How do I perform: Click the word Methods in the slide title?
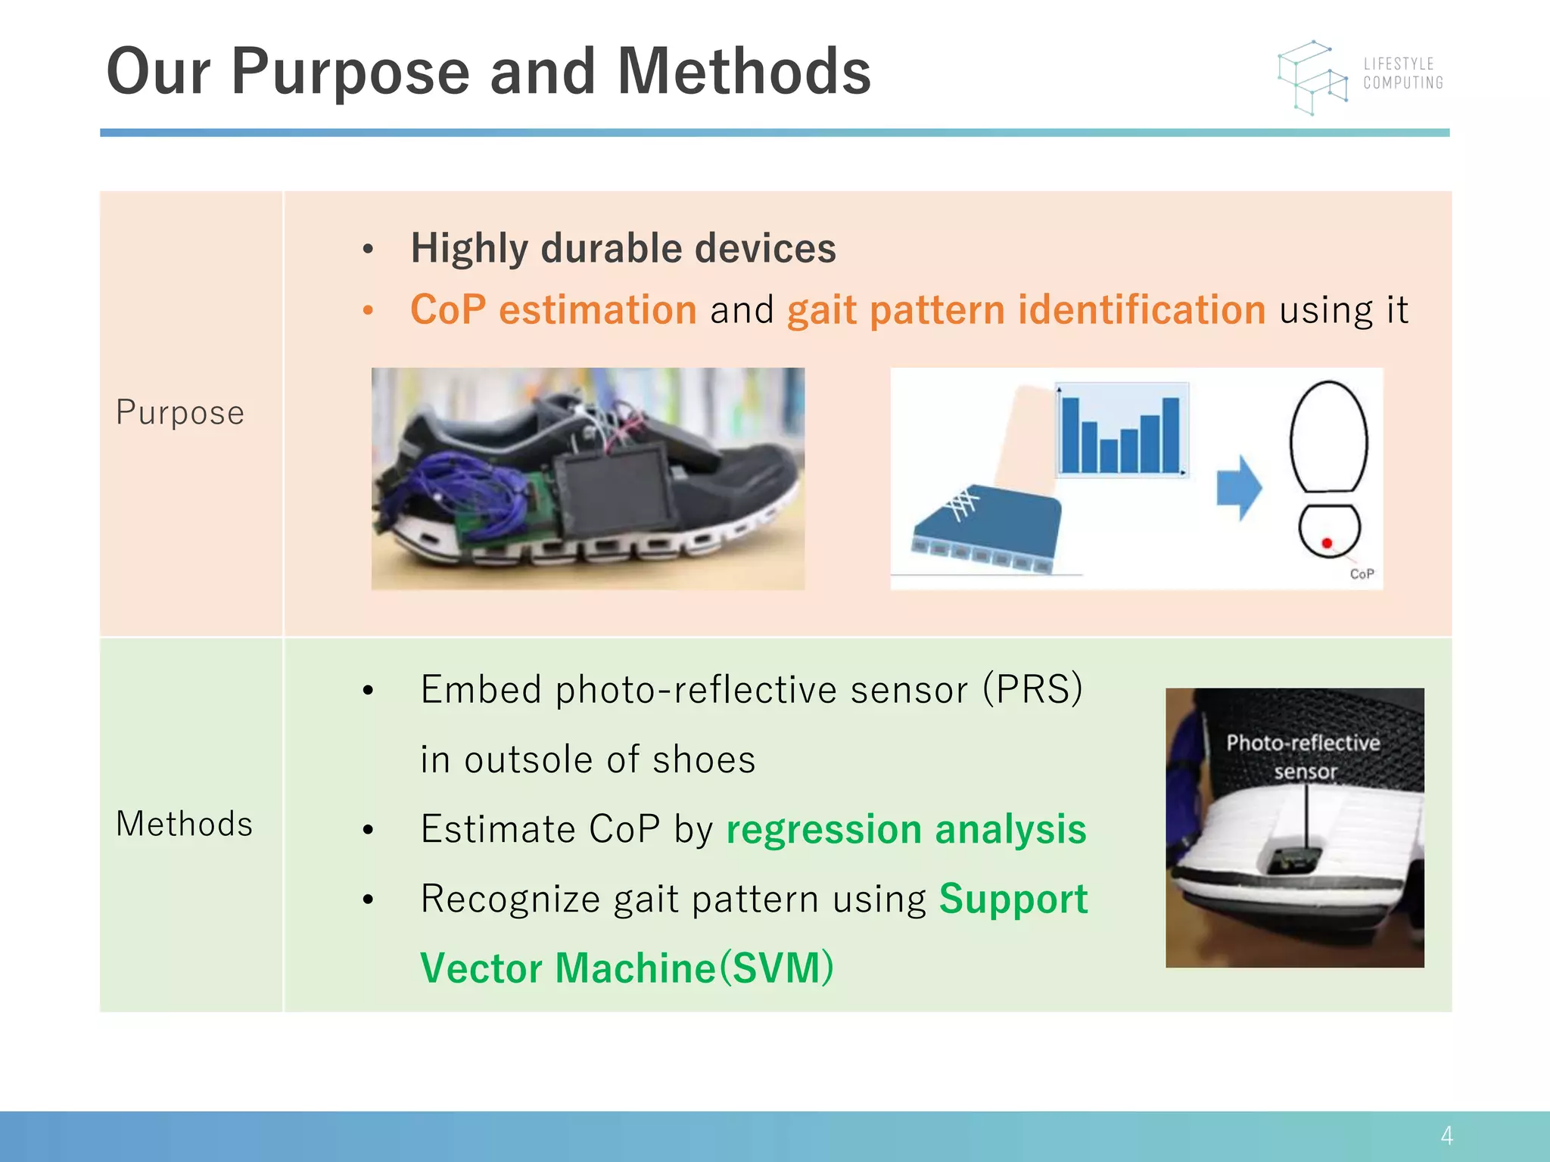click(x=744, y=72)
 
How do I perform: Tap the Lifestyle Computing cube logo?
click(x=1313, y=78)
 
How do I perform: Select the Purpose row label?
click(x=180, y=413)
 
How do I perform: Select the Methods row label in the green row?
click(x=184, y=824)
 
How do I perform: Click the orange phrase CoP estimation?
click(x=553, y=310)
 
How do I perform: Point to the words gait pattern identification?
click(x=1026, y=310)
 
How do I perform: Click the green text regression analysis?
click(x=906, y=829)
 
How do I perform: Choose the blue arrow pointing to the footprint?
click(x=1239, y=488)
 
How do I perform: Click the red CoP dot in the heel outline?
click(x=1327, y=543)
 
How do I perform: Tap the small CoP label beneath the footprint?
click(x=1362, y=574)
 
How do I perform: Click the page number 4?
click(x=1446, y=1136)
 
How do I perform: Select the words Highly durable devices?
click(x=623, y=248)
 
